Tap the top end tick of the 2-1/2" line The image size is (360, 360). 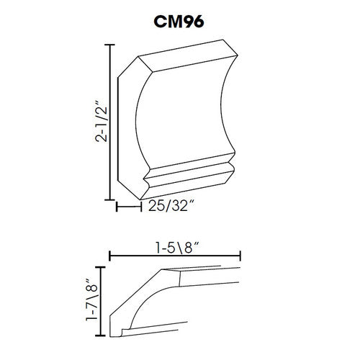[x=110, y=45]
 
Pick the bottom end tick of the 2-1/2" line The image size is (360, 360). [x=110, y=199]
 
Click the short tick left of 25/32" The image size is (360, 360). [x=117, y=207]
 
